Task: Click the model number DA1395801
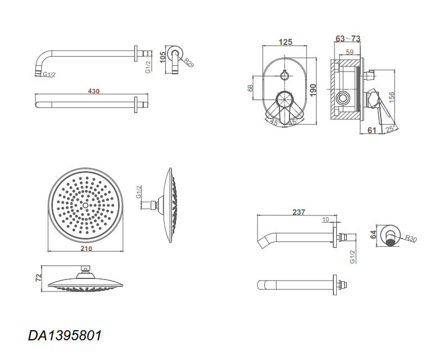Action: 65,335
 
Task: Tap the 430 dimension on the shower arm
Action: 93,91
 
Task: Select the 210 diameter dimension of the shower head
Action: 86,249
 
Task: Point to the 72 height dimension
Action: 38,277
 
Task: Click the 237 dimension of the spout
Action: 299,212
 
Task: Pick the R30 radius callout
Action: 411,238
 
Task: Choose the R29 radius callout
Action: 189,62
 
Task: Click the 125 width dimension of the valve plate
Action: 285,42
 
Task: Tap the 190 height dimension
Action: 313,90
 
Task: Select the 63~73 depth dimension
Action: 348,38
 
